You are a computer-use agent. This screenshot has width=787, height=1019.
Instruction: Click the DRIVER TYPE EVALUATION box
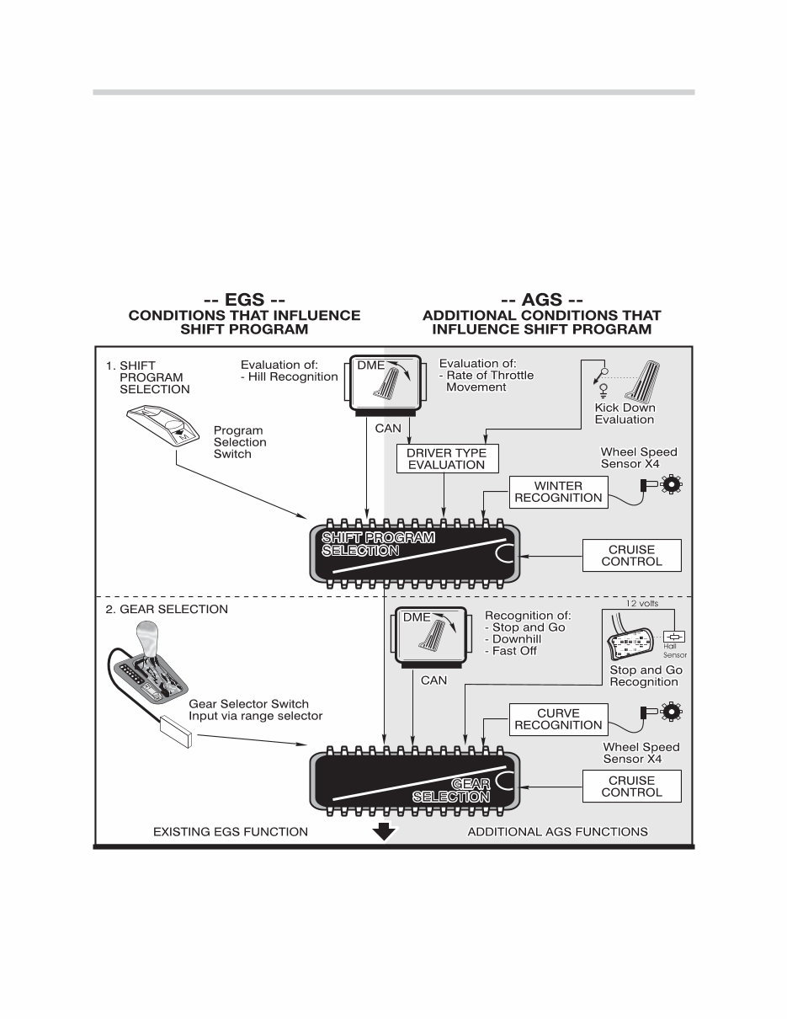(446, 459)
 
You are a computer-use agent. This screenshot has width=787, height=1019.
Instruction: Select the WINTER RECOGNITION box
(558, 492)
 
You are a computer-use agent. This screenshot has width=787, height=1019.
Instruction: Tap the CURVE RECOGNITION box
(558, 719)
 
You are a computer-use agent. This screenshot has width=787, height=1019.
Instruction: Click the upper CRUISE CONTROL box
(631, 556)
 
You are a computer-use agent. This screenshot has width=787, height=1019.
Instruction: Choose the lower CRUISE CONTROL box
(631, 787)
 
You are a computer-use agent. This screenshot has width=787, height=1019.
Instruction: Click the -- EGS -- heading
(244, 300)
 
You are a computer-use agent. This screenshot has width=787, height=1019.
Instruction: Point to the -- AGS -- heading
(541, 300)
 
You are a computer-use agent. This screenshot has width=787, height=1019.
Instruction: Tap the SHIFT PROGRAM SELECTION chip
(415, 552)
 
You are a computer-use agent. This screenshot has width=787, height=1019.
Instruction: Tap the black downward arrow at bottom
(384, 832)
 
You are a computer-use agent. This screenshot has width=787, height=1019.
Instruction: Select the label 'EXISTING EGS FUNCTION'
(230, 832)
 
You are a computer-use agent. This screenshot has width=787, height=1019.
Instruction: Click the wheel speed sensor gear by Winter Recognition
(672, 484)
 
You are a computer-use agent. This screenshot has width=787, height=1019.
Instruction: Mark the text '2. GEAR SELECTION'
(166, 609)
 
